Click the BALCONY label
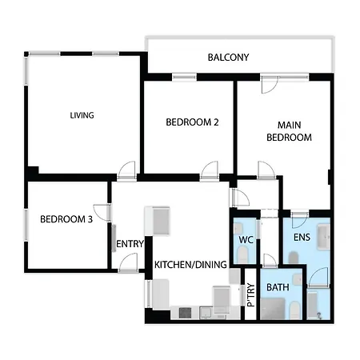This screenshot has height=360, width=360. [228, 58]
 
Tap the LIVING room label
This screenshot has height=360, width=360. [82, 115]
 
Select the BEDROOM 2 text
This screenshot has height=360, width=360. [192, 122]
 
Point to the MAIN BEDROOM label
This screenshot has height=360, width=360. [289, 131]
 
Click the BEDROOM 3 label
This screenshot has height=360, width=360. [66, 219]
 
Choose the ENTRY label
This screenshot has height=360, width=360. [130, 244]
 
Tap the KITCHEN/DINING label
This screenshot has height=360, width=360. [190, 265]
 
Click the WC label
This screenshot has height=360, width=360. [246, 240]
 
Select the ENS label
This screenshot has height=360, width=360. [302, 237]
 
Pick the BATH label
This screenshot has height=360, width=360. [278, 287]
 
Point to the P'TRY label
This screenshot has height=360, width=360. [251, 294]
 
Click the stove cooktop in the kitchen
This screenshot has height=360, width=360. [185, 313]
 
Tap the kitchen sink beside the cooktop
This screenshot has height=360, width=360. [206, 313]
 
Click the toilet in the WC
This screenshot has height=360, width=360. [242, 254]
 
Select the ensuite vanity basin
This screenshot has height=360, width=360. [323, 237]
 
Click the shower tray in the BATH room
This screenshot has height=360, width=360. [273, 309]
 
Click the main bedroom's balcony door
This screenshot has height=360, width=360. [270, 85]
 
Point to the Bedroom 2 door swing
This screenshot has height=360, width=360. [210, 170]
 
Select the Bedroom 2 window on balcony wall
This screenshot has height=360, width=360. [184, 77]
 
